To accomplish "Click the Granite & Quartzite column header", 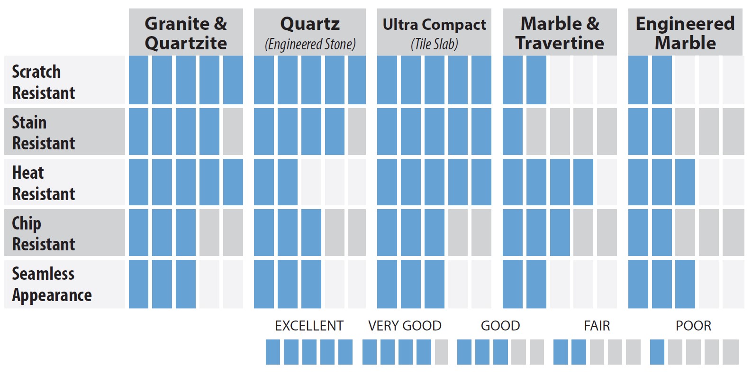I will point(186,33).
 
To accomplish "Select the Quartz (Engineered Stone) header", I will point(310,33).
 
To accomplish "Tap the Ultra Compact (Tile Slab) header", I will point(434,33).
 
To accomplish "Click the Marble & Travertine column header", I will point(560,33).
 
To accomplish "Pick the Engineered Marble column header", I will point(685,33).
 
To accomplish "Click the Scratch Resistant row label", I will point(44,82).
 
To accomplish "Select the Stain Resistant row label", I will point(44,132).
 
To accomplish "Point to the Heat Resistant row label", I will point(44,183).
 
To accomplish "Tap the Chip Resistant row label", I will point(44,233).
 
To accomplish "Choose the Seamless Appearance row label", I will point(52,284).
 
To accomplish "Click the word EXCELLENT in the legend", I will point(309,326).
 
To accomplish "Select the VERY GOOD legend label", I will point(405,326).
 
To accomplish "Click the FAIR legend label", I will point(597,326).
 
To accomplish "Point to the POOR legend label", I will point(693,326).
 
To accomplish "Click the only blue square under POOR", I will point(657,352).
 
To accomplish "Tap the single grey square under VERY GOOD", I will point(441,352).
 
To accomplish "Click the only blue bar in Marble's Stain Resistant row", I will point(512,131).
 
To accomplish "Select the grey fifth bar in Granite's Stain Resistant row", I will point(233,131).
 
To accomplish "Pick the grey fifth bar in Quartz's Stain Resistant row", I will point(357,131).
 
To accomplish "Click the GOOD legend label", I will point(500,326).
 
